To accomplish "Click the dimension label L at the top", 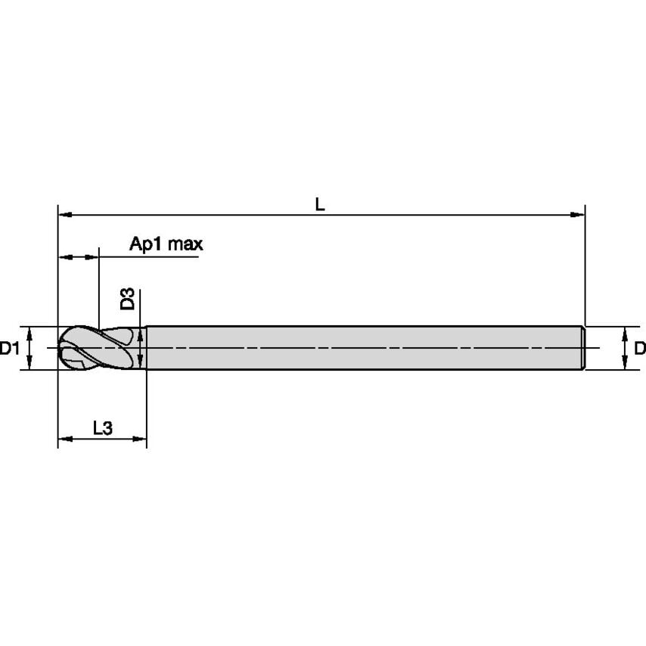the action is pyautogui.click(x=320, y=204).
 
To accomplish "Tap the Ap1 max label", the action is pyautogui.click(x=166, y=244).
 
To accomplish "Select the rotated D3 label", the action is pyautogui.click(x=127, y=299).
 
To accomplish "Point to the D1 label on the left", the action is pyautogui.click(x=9, y=349).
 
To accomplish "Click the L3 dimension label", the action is pyautogui.click(x=103, y=428).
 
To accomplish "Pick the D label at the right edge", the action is pyautogui.click(x=640, y=349).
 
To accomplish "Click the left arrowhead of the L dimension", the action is pyautogui.click(x=66, y=215).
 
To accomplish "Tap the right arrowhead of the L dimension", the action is pyautogui.click(x=577, y=215).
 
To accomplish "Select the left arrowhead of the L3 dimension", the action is pyautogui.click(x=66, y=439).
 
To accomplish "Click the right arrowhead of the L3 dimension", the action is pyautogui.click(x=139, y=439).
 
